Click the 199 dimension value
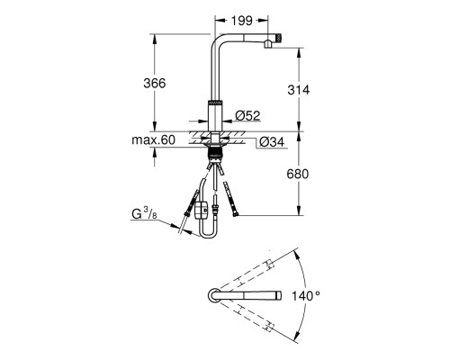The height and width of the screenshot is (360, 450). coord(242,21)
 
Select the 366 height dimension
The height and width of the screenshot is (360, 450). coord(155,83)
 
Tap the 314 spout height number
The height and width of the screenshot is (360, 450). coord(299,90)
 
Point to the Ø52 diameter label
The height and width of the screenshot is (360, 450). coord(247,115)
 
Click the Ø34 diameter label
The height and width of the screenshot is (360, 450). coord(272,141)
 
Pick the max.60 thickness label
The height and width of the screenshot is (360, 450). coord(153,139)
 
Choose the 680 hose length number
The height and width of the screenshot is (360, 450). coord(298,174)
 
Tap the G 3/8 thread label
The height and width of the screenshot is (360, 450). coord(144,214)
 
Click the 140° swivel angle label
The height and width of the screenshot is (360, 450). coord(306,296)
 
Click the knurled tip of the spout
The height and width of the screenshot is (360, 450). coord(279,38)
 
